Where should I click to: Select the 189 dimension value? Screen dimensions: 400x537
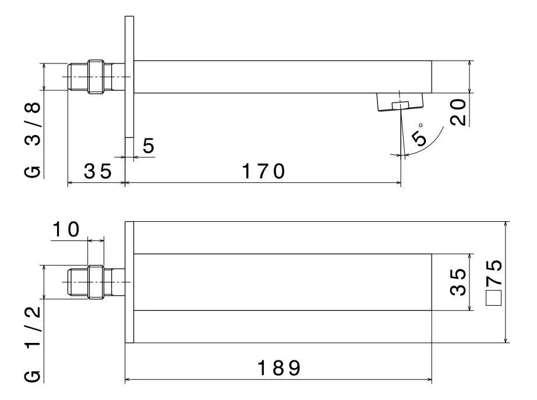coord(280,368)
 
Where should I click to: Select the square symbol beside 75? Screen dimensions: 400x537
coord(494,298)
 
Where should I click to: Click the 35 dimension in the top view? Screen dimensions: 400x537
coord(97,172)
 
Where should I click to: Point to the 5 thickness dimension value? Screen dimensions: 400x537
coord(149,147)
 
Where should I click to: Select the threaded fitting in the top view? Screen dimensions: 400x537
coord(94,76)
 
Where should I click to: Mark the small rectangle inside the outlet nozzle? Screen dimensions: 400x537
coord(400,105)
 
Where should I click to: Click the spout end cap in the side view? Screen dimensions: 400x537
coord(439,76)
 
